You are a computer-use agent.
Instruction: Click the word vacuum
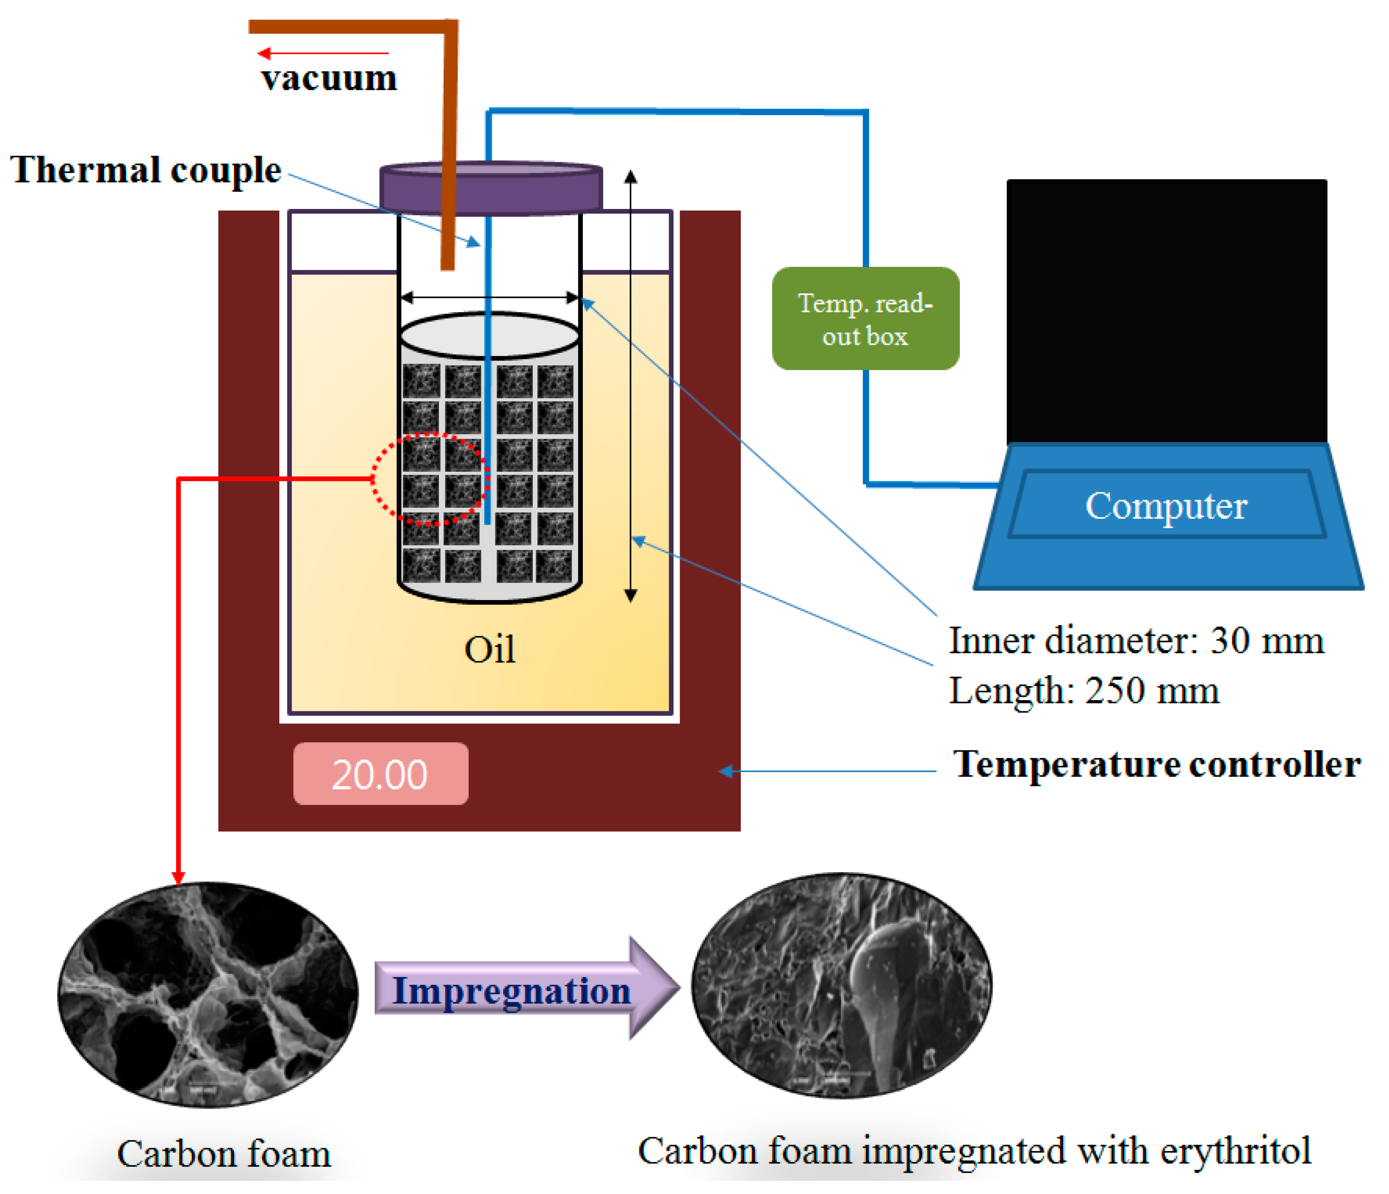[329, 79]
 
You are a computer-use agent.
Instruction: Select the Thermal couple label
[146, 169]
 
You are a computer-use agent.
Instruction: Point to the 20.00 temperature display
[380, 774]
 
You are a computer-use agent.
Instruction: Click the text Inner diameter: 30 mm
[1136, 641]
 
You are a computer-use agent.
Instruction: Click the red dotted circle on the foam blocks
[430, 480]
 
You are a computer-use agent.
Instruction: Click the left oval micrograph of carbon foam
[208, 996]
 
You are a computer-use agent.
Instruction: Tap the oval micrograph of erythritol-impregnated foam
[841, 986]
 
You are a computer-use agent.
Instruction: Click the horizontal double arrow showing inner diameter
[489, 297]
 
